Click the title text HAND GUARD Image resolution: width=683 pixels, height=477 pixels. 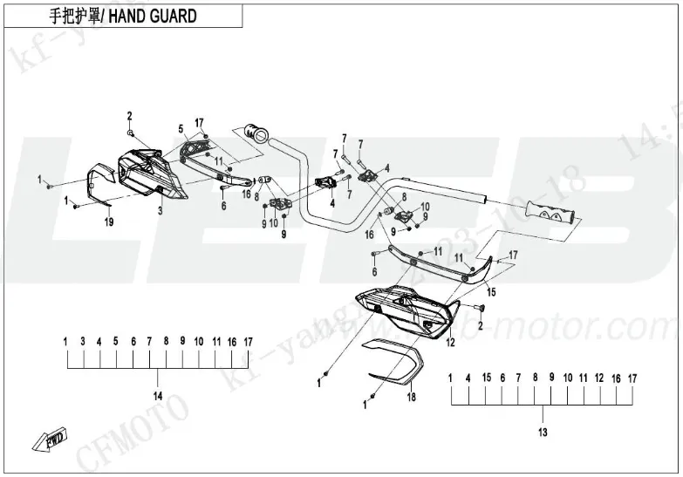(153, 17)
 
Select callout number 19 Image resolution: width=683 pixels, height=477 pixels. (109, 223)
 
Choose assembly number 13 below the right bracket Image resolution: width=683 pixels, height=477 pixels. (542, 433)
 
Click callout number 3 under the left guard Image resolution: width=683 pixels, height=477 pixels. (160, 211)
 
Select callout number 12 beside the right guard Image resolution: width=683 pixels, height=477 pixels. (451, 343)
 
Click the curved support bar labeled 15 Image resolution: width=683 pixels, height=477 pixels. (436, 263)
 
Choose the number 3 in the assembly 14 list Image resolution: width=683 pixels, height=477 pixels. (82, 341)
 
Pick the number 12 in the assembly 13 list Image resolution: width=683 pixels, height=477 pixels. (599, 378)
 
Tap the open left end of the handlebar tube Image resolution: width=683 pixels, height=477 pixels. (257, 133)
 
